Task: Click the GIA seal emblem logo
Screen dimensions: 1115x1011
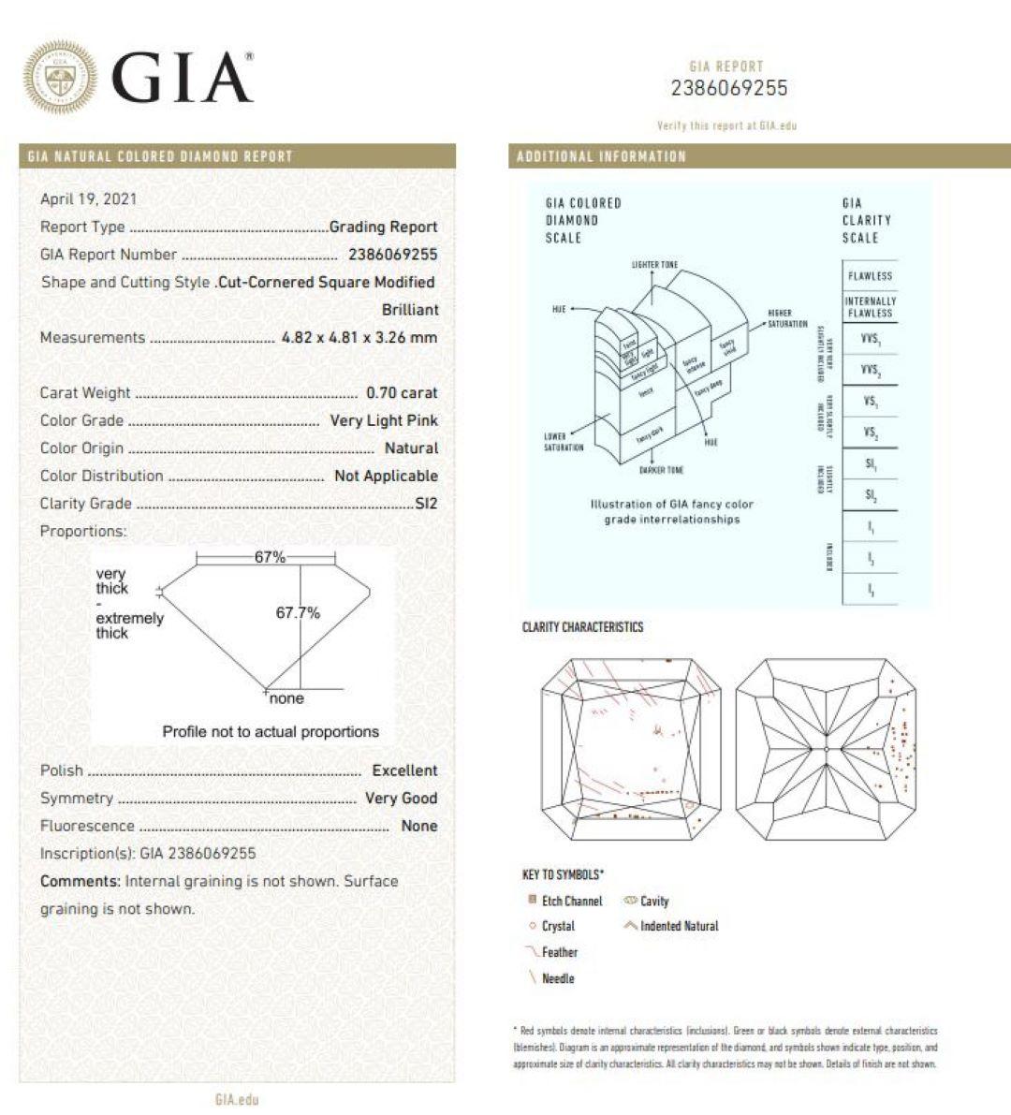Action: coord(59,77)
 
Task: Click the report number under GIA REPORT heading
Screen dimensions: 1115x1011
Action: coord(729,89)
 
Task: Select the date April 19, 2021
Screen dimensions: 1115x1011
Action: coord(88,198)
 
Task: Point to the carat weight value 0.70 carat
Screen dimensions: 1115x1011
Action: coord(402,393)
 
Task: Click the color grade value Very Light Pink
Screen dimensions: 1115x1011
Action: coord(384,420)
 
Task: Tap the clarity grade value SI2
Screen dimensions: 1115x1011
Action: coord(426,504)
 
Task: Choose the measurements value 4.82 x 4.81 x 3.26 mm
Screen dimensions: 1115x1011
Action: coord(359,338)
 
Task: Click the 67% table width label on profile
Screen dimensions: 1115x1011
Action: coord(270,557)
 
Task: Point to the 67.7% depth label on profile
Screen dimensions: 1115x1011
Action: coord(298,613)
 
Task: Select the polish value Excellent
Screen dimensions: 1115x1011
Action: coord(404,770)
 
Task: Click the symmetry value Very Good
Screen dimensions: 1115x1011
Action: coord(401,799)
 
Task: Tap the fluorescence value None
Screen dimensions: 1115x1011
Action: coord(418,826)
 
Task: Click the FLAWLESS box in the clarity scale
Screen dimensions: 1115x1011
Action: coord(870,276)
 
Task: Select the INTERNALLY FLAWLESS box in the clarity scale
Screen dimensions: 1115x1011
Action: coord(870,307)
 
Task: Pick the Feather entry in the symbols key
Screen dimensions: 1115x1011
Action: coord(559,952)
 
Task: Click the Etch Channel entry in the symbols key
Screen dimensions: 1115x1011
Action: coord(571,901)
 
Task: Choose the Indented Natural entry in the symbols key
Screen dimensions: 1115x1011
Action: coord(679,926)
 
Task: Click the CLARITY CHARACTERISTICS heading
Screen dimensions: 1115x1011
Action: coord(582,627)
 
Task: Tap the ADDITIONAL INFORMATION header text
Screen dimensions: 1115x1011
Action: coord(601,156)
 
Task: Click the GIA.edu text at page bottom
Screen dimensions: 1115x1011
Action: coord(236,1099)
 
